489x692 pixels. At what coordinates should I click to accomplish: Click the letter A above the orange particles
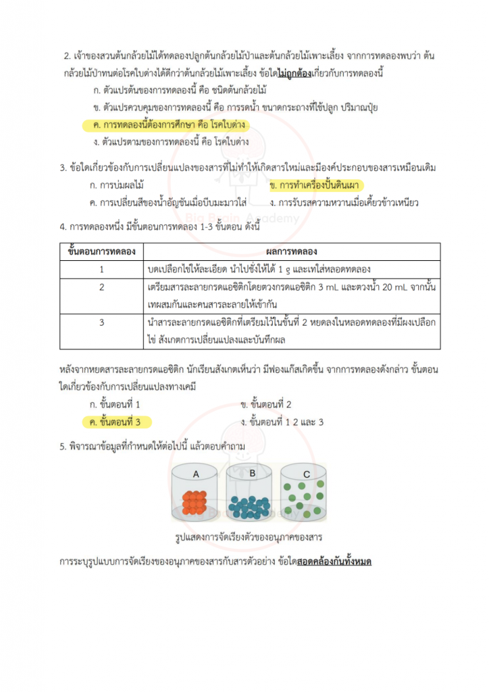[196, 474]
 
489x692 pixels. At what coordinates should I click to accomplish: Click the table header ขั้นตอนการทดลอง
[102, 251]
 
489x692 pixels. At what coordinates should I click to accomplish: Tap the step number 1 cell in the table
[102, 268]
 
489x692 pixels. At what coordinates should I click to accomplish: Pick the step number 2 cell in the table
[102, 288]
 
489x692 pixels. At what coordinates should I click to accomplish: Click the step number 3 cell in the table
[102, 322]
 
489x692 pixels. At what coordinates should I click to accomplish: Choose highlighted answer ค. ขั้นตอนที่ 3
[115, 422]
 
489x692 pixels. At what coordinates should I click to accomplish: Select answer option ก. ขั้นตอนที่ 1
[115, 405]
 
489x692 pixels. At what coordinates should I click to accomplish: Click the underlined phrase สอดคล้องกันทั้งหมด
[334, 562]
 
